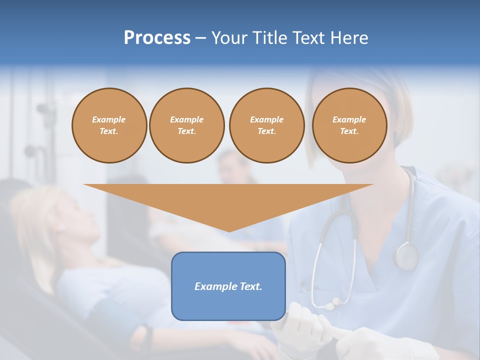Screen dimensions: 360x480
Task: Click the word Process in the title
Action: (157, 38)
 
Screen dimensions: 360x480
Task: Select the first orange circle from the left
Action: (109, 125)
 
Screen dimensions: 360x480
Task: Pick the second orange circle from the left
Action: (186, 125)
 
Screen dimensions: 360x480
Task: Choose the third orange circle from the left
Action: (266, 125)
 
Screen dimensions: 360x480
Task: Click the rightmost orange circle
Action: (349, 125)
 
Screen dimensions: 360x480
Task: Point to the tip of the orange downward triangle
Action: (228, 231)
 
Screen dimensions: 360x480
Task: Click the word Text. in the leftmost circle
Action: (109, 131)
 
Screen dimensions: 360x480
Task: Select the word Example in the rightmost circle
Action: (349, 119)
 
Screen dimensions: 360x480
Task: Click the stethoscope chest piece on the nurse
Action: (406, 256)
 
